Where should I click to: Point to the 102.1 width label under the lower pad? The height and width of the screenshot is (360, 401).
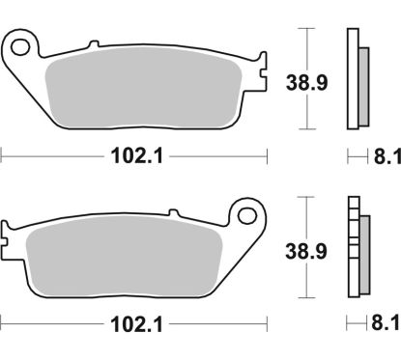tap(129, 322)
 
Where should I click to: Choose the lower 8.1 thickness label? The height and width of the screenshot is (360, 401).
tap(383, 322)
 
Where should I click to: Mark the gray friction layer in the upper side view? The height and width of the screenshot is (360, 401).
tap(361, 82)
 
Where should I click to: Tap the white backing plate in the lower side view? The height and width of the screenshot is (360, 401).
tap(352, 246)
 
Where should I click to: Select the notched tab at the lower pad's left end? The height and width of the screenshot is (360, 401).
tap(9, 235)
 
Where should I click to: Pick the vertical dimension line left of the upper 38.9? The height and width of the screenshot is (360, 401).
tap(306, 78)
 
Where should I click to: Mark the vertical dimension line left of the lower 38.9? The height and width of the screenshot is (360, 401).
tap(306, 246)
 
